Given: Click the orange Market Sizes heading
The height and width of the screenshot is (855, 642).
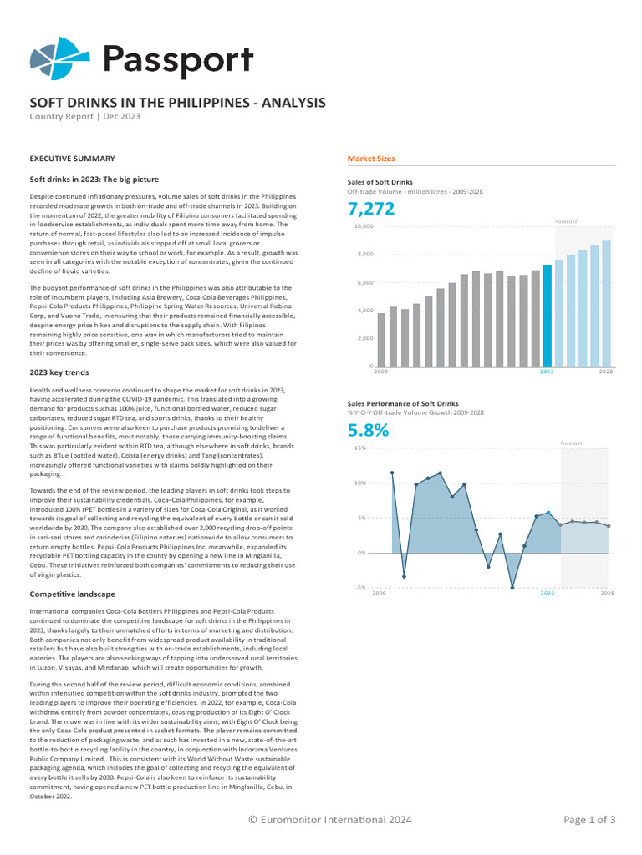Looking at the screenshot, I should click(x=371, y=159).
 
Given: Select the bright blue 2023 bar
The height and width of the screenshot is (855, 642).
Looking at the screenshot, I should click(x=548, y=316).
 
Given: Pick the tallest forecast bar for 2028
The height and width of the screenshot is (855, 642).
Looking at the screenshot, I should click(x=607, y=304).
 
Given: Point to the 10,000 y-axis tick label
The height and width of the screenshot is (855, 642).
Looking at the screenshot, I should click(x=363, y=226).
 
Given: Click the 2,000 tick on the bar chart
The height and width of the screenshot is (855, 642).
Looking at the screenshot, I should click(x=364, y=338).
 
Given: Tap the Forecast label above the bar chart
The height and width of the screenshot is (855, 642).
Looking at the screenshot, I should click(x=566, y=221).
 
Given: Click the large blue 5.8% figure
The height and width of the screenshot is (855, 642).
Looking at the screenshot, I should click(x=369, y=431).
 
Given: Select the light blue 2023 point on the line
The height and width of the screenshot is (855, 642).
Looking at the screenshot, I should click(x=548, y=512).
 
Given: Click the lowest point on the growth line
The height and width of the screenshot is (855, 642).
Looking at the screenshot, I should click(x=512, y=588).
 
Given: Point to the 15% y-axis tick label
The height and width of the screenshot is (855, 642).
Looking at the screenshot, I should click(x=360, y=448).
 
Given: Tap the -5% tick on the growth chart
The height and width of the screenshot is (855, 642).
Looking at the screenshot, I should click(x=360, y=587).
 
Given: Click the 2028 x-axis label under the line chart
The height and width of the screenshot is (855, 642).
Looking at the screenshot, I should click(x=607, y=593).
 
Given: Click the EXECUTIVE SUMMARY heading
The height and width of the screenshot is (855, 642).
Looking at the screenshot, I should click(x=72, y=159).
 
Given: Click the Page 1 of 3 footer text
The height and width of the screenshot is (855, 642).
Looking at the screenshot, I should click(x=589, y=820).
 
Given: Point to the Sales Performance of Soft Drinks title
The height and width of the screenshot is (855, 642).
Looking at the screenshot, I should click(x=403, y=403).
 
